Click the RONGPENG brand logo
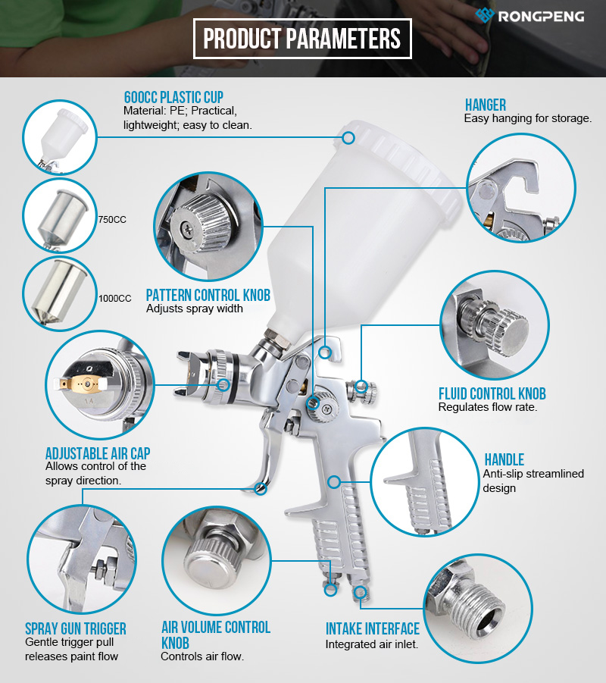point(529,16)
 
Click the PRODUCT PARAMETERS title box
point(302,39)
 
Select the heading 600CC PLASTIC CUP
point(173,97)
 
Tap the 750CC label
point(112,220)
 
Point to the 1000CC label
point(115,299)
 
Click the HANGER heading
point(486,105)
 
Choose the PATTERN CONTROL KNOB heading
point(208,295)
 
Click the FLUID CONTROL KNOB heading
point(492,393)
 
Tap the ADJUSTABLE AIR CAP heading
point(98,453)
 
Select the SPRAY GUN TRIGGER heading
point(76,628)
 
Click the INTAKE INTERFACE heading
point(373,628)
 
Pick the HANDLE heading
point(504,459)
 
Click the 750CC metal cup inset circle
point(60,215)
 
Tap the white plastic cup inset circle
point(60,137)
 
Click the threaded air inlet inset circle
point(478,609)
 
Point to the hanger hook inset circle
point(521,188)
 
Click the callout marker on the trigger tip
point(261,489)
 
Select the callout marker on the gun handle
point(334,482)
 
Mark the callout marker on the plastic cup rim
point(348,138)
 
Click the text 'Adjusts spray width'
point(195,309)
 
